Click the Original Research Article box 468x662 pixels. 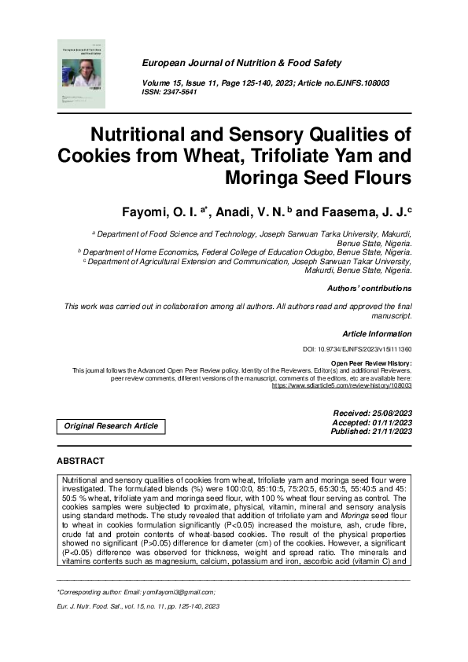point(111,426)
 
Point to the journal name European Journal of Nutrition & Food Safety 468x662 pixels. point(241,62)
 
